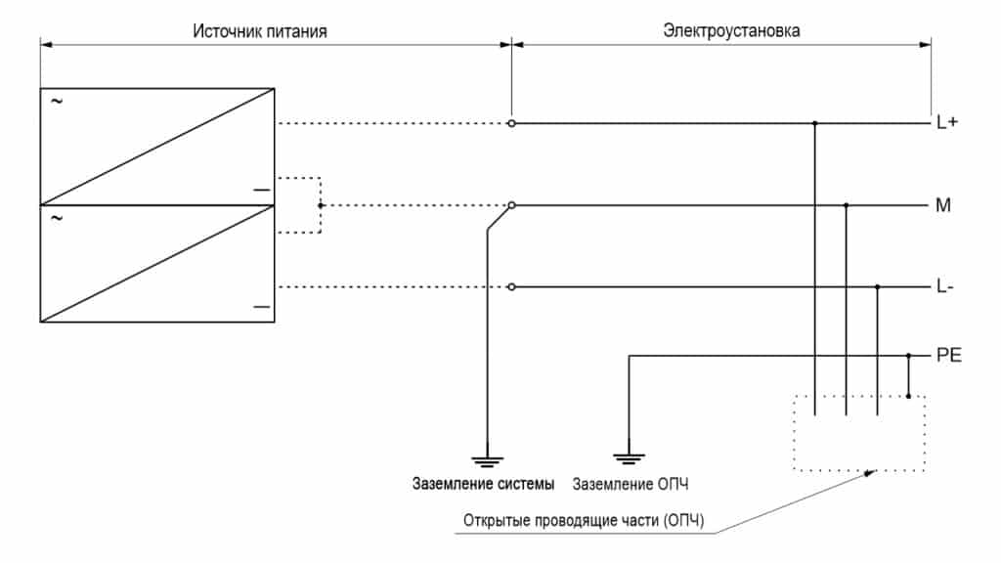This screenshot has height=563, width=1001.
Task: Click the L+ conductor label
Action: pos(946,125)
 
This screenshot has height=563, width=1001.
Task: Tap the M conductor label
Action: pos(943,206)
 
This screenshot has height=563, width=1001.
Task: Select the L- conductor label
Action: pos(945,287)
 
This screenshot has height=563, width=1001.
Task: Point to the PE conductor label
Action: pos(949,355)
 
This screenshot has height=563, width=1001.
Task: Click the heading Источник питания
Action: pos(259,31)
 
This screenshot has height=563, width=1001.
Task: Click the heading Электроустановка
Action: pos(731,31)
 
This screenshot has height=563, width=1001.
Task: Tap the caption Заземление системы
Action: pos(483,484)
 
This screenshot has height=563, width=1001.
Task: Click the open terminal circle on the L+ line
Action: pos(511,124)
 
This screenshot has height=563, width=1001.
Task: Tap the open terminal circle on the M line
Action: pos(511,205)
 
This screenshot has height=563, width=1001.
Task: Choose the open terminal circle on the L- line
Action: pos(511,287)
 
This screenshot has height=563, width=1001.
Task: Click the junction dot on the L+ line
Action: pos(815,124)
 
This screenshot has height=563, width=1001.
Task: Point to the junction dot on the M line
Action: pos(847,205)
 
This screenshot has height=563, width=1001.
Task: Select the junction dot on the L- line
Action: pos(878,287)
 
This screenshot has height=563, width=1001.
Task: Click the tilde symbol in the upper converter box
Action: pos(56,102)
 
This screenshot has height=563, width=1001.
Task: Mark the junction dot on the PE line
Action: pos(909,355)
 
